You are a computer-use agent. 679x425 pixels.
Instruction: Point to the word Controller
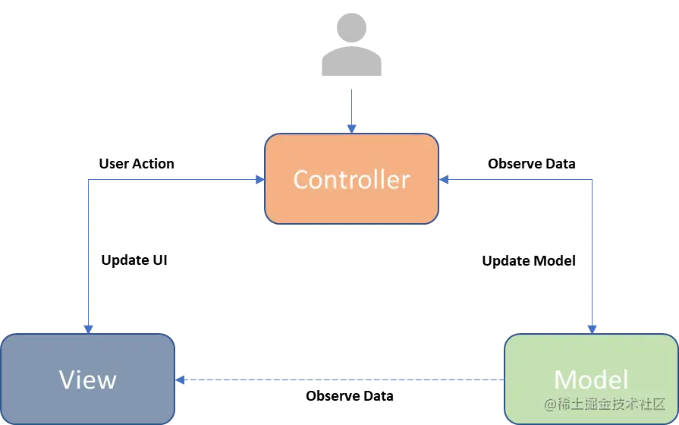point(351,180)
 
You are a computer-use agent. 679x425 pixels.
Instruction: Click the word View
point(87,379)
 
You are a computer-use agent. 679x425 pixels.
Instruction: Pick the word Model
point(591,379)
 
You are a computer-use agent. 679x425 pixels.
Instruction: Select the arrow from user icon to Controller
point(350,106)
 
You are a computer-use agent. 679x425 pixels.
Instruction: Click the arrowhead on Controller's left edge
point(259,180)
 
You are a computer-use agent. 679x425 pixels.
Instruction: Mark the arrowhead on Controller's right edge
point(444,180)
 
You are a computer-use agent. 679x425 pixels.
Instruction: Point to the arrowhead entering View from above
point(89,329)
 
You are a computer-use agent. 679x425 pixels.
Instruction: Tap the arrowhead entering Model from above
point(593,329)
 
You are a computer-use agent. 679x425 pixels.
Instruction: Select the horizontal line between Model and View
point(341,378)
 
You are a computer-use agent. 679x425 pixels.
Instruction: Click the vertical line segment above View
point(89,250)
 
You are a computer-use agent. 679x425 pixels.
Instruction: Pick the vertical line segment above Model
point(593,250)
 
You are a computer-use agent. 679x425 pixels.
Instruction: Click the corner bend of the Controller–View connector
point(89,180)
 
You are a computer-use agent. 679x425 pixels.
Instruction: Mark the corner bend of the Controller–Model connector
point(593,180)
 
